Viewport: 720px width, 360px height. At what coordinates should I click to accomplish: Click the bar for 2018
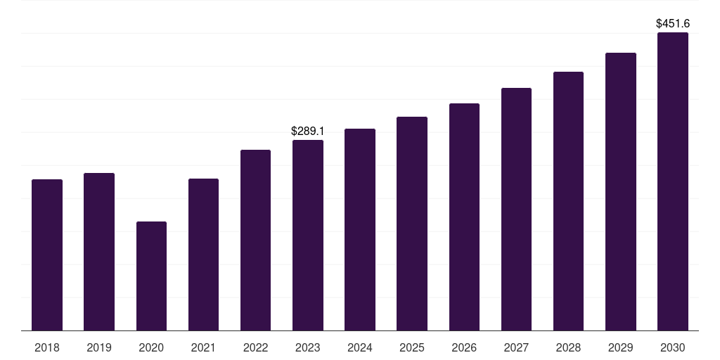click(x=47, y=255)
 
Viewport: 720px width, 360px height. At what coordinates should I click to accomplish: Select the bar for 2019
click(x=99, y=252)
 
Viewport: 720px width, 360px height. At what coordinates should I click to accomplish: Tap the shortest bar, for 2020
click(x=152, y=276)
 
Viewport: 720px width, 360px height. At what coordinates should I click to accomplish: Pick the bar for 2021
click(x=203, y=255)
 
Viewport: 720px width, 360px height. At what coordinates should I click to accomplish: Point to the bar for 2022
click(x=255, y=240)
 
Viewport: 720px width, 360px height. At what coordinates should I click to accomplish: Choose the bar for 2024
click(x=360, y=230)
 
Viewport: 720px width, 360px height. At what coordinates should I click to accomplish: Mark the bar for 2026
click(x=464, y=217)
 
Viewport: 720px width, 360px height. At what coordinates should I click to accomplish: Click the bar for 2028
click(x=568, y=201)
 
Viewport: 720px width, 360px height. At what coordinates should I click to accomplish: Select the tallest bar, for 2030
click(x=673, y=181)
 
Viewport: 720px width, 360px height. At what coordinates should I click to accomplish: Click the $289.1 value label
click(x=308, y=131)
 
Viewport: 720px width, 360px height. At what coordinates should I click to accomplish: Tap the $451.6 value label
click(x=673, y=23)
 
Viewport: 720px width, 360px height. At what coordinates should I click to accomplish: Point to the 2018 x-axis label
click(x=47, y=347)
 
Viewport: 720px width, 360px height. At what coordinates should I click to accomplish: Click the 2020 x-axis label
click(x=151, y=347)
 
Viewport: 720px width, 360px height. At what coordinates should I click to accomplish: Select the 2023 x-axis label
click(x=308, y=347)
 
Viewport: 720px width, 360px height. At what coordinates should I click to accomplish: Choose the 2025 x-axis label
click(x=412, y=347)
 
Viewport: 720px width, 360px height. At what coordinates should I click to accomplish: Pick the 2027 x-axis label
click(x=516, y=347)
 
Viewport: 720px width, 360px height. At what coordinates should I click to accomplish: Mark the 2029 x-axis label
click(x=620, y=347)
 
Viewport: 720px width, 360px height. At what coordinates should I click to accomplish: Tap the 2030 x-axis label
click(x=673, y=347)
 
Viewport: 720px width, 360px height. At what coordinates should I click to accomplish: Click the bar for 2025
click(x=412, y=224)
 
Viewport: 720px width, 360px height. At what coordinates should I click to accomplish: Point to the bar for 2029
click(x=621, y=191)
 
